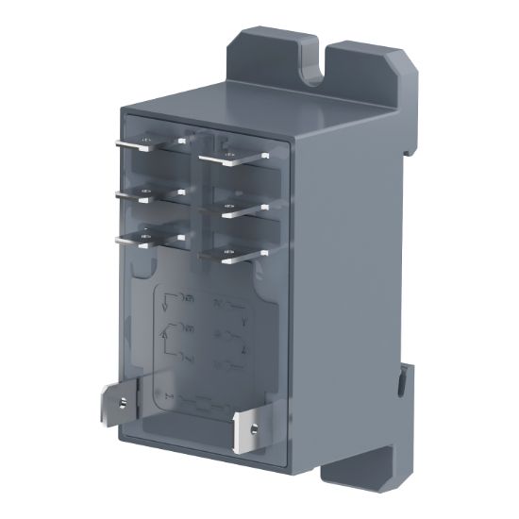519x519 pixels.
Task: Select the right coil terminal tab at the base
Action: click(247, 423)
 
